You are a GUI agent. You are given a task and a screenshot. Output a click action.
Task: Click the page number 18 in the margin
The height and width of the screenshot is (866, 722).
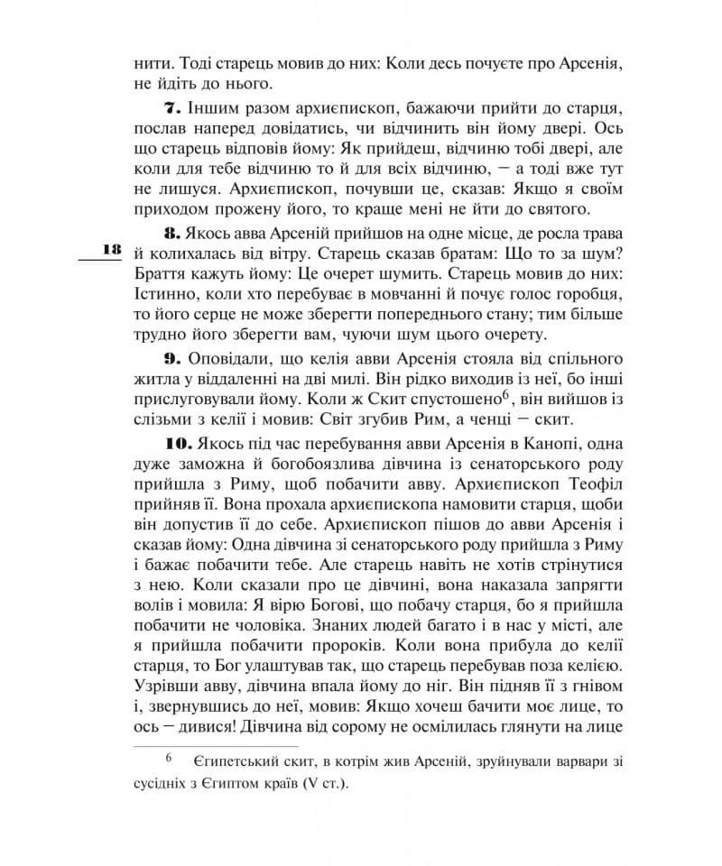[113, 249]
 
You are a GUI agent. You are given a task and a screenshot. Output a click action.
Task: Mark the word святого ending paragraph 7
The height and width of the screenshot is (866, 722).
[559, 210]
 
